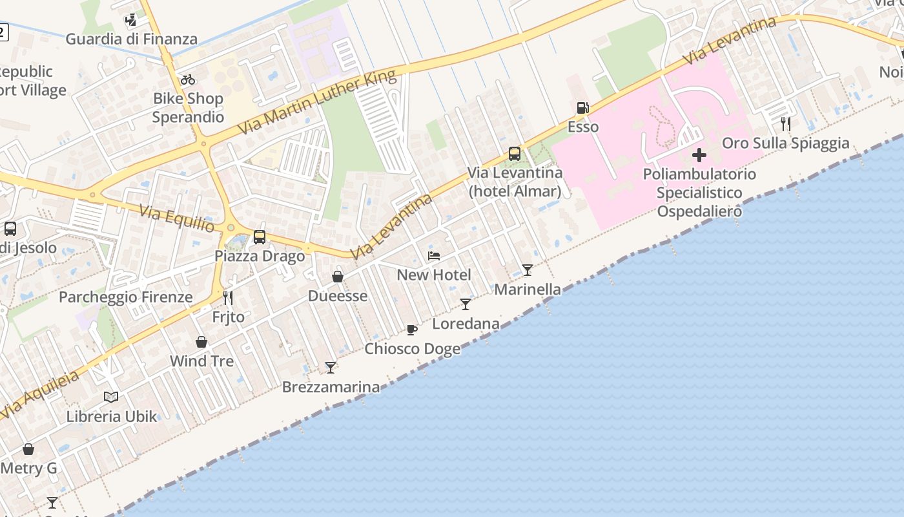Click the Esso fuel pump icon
tap(582, 108)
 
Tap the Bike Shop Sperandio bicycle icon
tap(188, 80)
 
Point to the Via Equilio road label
tap(177, 218)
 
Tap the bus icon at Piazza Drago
tap(260, 237)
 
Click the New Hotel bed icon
tap(434, 256)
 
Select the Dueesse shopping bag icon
tap(337, 277)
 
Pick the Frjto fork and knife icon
tap(228, 298)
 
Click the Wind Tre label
tap(201, 361)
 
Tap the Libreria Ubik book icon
tap(111, 397)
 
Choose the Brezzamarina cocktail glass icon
tap(331, 368)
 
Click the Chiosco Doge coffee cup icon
tap(412, 330)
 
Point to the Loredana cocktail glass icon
tap(466, 304)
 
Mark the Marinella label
tap(528, 289)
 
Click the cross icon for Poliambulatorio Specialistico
tap(699, 155)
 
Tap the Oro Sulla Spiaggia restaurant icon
tap(786, 123)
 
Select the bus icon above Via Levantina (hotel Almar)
tap(515, 154)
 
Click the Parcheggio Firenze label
tap(126, 297)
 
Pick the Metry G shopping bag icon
tap(28, 449)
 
